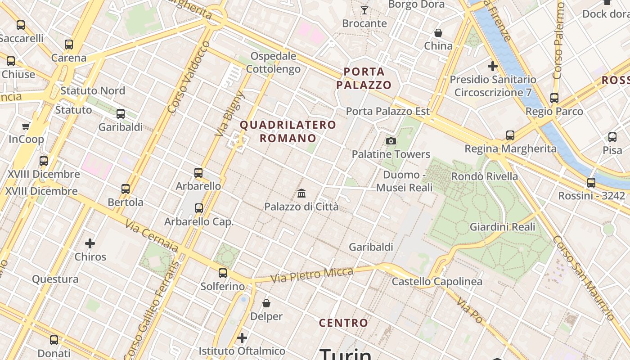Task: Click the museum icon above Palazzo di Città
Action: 301,193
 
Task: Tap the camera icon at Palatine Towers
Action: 391,141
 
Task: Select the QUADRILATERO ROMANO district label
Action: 288,131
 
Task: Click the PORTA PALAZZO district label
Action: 364,78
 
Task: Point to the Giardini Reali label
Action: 503,227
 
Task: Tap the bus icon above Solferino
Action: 223,273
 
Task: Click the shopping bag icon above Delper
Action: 266,303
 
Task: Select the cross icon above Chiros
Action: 90,243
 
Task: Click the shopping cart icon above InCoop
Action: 26,126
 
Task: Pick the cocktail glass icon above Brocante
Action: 364,10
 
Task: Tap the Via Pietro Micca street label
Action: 311,274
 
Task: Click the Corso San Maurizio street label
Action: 583,278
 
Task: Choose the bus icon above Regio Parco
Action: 554,98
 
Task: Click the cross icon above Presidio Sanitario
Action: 493,66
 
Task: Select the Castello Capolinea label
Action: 437,282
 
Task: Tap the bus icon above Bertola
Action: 126,189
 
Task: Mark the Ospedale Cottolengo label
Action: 274,63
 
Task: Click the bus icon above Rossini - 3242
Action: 591,182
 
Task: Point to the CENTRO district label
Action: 343,323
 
